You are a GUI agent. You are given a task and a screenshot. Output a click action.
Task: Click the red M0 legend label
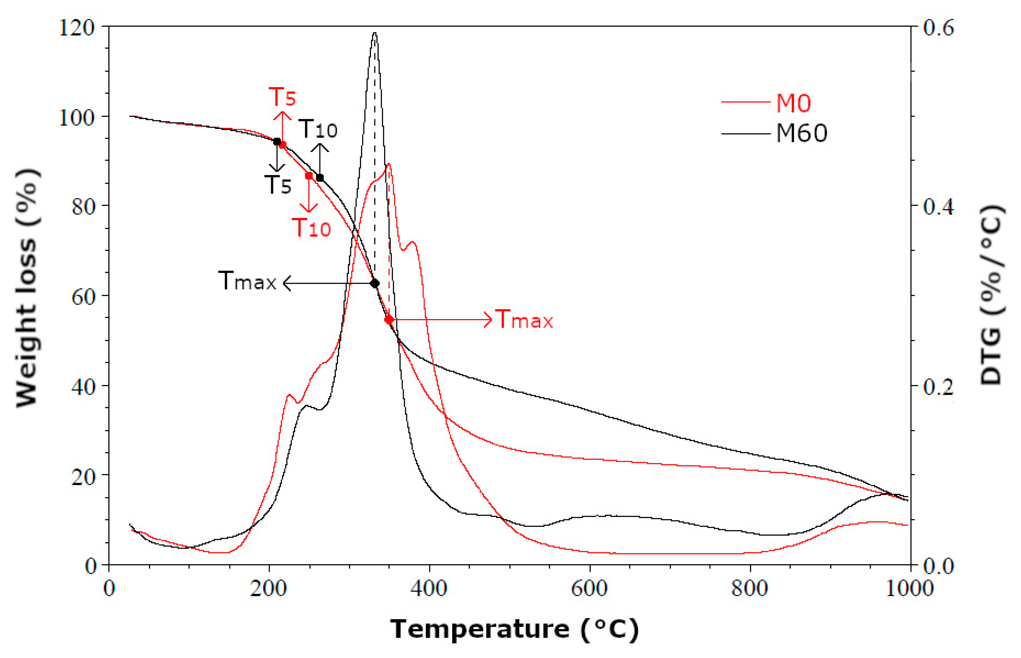click(x=793, y=103)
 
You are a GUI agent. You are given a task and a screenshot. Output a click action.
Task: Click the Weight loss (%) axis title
click(x=27, y=289)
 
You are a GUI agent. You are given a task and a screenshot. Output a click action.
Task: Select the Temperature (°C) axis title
click(x=514, y=629)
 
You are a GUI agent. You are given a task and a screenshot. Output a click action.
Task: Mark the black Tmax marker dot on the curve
click(x=374, y=283)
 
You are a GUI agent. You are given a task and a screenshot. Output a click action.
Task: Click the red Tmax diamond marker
click(x=389, y=320)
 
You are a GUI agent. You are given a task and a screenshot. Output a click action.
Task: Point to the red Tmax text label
click(x=524, y=320)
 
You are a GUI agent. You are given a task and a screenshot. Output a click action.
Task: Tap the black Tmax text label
click(x=248, y=281)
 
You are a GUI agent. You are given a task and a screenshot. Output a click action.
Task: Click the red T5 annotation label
click(x=282, y=97)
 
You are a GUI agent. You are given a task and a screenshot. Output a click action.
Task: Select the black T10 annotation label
click(x=318, y=129)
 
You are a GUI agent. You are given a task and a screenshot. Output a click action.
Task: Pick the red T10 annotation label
click(x=311, y=228)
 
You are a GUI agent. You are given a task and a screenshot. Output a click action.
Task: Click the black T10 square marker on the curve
click(x=320, y=178)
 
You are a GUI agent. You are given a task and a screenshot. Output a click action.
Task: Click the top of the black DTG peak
click(x=374, y=33)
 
